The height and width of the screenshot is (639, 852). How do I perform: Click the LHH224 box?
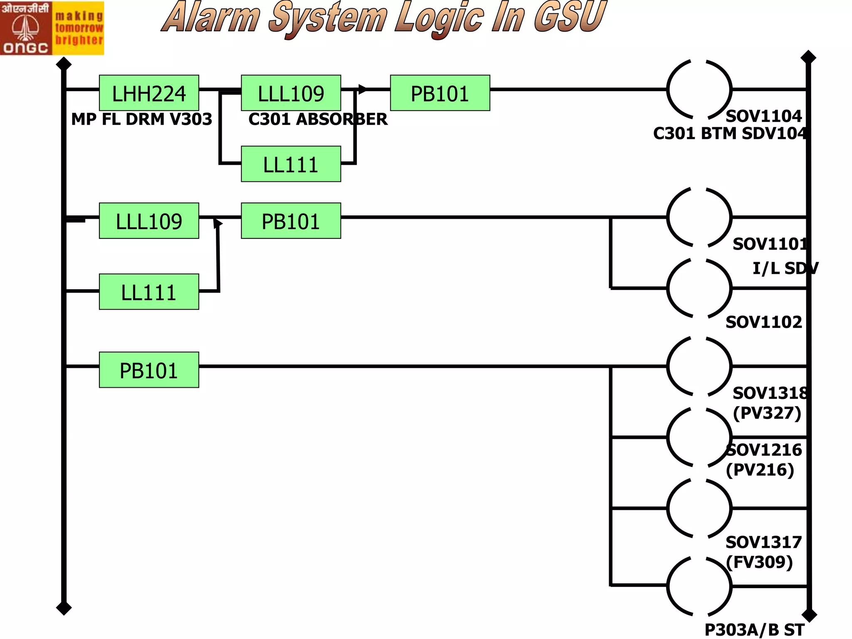click(149, 93)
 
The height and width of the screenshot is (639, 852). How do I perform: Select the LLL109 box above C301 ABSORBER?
click(291, 93)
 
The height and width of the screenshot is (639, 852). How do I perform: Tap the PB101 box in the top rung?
click(440, 93)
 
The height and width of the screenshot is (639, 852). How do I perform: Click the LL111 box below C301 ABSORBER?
click(291, 164)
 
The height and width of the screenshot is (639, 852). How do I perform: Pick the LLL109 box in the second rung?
click(149, 220)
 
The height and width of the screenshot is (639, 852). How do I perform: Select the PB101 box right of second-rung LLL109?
click(291, 220)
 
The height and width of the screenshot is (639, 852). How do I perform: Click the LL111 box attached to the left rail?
click(149, 292)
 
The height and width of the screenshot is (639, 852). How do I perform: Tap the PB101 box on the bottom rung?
click(149, 370)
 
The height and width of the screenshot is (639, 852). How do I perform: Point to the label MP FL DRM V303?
click(141, 119)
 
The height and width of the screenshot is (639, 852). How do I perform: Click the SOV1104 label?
click(763, 116)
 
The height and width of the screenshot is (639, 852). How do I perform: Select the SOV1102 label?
click(763, 322)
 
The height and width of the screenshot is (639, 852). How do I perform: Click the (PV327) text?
click(767, 413)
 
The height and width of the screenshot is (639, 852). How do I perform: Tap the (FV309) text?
click(759, 562)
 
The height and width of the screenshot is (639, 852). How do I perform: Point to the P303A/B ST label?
click(754, 629)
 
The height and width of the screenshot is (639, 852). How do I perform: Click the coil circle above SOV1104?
click(699, 89)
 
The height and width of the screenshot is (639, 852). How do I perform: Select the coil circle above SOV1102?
click(699, 288)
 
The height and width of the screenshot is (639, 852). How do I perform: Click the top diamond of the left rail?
click(64, 64)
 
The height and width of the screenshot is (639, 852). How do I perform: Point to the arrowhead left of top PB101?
click(362, 89)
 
